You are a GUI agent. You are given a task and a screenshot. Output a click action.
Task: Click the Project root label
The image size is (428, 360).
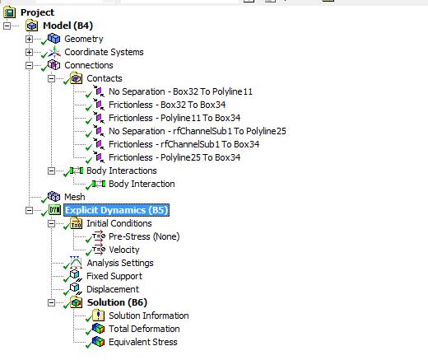pyautogui.click(x=37, y=12)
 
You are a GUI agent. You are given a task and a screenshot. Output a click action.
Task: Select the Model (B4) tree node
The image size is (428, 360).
pyautogui.click(x=67, y=26)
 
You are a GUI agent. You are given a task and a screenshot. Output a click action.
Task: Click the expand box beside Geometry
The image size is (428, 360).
pyautogui.click(x=29, y=39)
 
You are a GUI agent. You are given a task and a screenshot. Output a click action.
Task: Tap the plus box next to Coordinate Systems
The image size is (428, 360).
pyautogui.click(x=29, y=52)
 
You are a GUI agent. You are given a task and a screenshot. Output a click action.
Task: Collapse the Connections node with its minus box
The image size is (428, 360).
pyautogui.click(x=29, y=65)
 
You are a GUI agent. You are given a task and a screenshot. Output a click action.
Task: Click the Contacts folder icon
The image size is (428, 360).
pyautogui.click(x=76, y=78)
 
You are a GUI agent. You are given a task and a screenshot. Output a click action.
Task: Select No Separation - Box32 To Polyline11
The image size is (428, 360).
pyautogui.click(x=180, y=91)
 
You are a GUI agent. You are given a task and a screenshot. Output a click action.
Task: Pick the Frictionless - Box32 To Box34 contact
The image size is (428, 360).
pyautogui.click(x=167, y=105)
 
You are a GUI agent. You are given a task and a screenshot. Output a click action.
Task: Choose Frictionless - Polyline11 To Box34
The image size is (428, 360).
pyautogui.click(x=174, y=118)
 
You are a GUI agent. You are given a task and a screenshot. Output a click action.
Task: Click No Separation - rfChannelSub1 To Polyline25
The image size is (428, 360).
pyautogui.click(x=198, y=131)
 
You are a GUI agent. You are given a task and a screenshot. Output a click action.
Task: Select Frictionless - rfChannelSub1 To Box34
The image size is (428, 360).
pyautogui.click(x=184, y=144)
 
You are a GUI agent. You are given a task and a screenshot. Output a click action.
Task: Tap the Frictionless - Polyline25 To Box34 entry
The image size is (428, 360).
pyautogui.click(x=174, y=157)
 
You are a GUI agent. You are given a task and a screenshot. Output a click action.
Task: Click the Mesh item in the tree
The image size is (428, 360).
pyautogui.click(x=75, y=197)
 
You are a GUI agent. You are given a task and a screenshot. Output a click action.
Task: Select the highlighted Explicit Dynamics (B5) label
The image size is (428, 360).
pyautogui.click(x=116, y=210)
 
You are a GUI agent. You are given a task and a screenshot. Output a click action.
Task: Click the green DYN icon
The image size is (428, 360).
pyautogui.click(x=54, y=210)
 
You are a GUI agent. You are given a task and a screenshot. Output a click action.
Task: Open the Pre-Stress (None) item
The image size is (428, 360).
pyautogui.click(x=144, y=236)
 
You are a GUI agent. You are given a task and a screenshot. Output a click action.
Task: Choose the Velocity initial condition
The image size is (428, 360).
pyautogui.click(x=124, y=250)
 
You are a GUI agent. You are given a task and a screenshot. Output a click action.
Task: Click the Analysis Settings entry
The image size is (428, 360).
pyautogui.click(x=120, y=263)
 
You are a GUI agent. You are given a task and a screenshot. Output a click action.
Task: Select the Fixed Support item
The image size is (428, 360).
pyautogui.click(x=114, y=276)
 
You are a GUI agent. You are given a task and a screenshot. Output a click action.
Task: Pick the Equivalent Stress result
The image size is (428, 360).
pyautogui.click(x=143, y=342)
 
